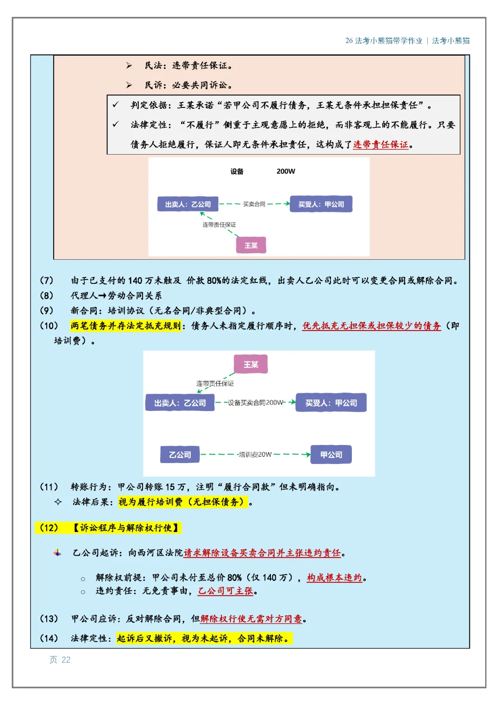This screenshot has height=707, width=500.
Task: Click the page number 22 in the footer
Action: pos(66,659)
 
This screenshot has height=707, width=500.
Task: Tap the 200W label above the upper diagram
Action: pos(286,171)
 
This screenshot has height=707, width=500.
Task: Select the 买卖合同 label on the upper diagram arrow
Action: pos(254,204)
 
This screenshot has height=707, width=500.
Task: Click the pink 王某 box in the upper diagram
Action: pos(251,245)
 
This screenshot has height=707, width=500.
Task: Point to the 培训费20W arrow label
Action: pos(255,455)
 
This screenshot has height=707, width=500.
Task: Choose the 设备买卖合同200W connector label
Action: pos(256,402)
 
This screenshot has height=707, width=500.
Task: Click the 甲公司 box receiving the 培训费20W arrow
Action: pos(331,455)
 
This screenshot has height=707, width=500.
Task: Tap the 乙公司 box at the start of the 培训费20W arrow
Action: pos(180,455)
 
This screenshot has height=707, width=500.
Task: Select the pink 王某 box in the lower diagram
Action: pos(250,364)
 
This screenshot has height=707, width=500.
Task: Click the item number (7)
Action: pos(46,280)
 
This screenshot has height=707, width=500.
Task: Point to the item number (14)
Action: pos(49,638)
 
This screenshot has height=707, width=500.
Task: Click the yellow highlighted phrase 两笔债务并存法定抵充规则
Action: pos(125,326)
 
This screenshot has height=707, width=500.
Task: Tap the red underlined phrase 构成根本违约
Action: pos(334,578)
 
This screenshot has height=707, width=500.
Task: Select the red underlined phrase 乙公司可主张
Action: pos(225,591)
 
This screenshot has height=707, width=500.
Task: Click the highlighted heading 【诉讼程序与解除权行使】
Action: pos(125,528)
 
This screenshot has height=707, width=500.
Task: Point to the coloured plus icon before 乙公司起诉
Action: pos(57,553)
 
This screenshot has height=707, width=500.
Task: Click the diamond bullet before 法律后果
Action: pos(58,501)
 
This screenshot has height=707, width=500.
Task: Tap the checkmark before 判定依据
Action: pos(116,105)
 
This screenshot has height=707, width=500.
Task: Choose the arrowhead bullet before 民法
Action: pos(129,65)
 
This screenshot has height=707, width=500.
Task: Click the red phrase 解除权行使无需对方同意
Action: pos(251,619)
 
